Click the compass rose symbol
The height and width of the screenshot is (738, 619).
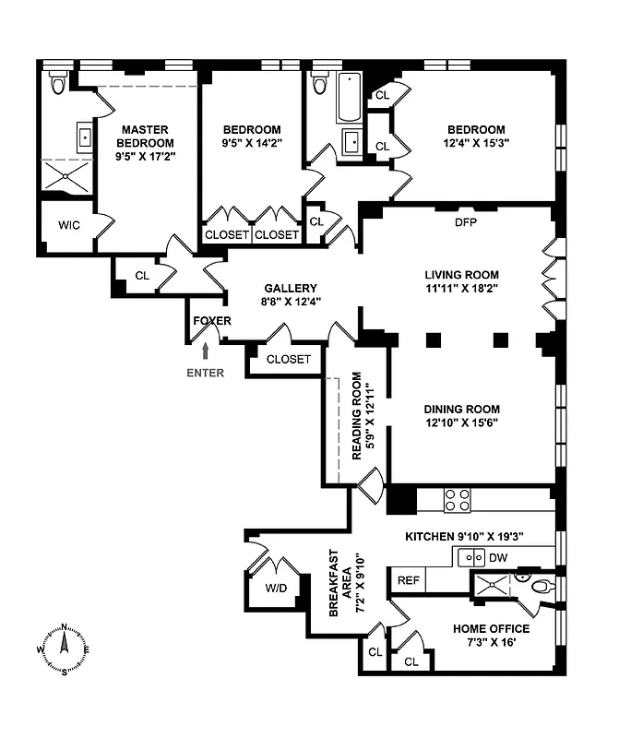64,649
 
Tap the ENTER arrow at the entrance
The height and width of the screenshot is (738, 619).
205,351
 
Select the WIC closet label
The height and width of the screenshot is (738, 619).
69,225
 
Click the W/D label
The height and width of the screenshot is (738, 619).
276,589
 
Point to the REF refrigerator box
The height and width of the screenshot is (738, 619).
409,580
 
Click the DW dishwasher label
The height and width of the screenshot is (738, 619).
498,557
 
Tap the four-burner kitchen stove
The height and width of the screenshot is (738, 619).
458,499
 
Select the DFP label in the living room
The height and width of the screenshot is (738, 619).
465,222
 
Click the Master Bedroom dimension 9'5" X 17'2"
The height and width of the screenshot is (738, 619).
145,157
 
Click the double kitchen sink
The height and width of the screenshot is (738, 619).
473,557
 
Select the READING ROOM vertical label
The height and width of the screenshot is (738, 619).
361,421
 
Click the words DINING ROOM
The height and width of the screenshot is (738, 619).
461,410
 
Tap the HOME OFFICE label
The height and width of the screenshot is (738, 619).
491,629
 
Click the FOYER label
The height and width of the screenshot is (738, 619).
212,320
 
